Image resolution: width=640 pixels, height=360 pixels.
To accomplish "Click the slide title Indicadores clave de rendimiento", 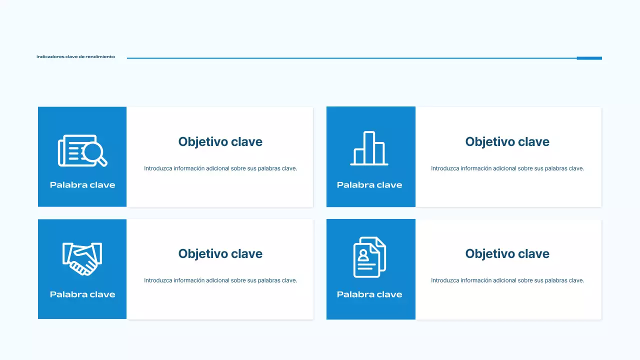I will coord(75,57).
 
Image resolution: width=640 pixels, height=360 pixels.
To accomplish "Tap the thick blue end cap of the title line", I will coord(589,58).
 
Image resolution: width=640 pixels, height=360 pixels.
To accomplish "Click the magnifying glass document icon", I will coord(82,150).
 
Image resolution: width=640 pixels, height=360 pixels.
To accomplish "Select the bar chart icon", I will coord(369,148).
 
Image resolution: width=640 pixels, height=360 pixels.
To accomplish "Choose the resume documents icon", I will coord(369,257).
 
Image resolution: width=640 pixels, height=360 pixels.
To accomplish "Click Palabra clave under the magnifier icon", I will coord(82,185).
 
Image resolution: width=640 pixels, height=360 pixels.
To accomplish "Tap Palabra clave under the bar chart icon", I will coord(369,185).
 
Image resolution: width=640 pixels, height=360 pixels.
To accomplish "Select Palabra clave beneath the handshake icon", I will coord(82,294).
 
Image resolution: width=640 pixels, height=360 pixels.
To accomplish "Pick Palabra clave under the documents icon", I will coord(369,294).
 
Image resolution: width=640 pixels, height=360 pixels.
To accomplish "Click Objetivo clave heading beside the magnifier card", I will coord(220,142).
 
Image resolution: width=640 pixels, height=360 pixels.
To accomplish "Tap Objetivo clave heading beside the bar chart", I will coord(507,142).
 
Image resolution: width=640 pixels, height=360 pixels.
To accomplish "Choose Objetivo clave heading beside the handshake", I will coord(220,254).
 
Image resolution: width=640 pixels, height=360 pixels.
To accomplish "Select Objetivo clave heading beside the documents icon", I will coord(507,254).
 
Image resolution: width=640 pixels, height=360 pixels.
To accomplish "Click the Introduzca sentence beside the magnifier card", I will coord(220,168).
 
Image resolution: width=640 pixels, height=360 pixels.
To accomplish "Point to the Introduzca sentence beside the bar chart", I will coord(507,168).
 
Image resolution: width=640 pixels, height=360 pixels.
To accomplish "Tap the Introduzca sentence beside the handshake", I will coord(220,280).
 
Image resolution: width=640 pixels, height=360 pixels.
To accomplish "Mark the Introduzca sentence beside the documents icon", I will coord(507,280).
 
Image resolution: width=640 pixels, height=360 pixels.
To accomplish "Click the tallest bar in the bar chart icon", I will coord(369,147).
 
